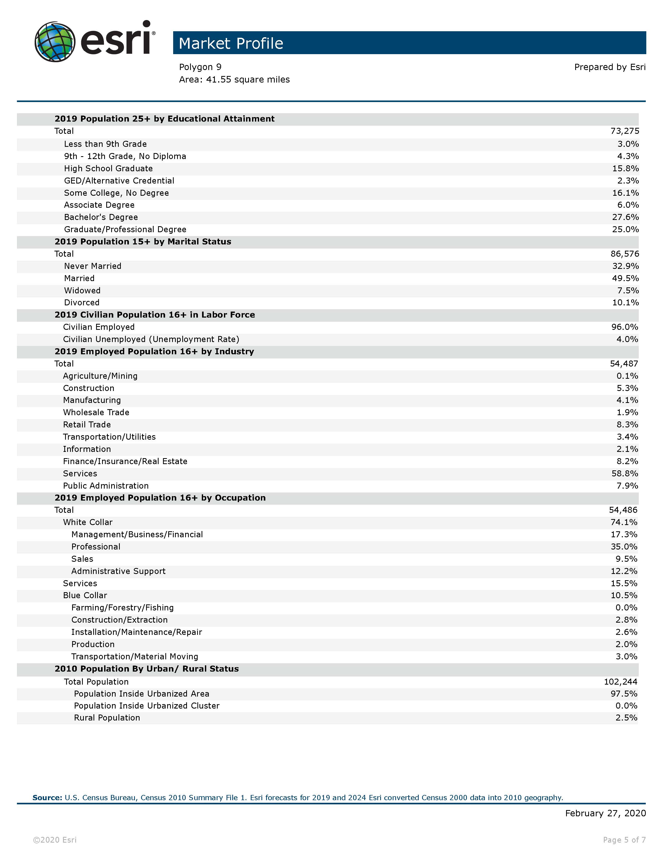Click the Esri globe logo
[x=55, y=42]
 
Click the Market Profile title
[x=231, y=43]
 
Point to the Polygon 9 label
[x=200, y=67]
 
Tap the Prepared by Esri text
[x=610, y=67]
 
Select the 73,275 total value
[x=625, y=131]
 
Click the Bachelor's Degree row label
[x=101, y=217]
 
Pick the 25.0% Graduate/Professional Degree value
[x=625, y=229]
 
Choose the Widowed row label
[x=82, y=290]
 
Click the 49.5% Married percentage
[x=625, y=278]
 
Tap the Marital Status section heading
[x=143, y=242]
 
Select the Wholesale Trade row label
[x=96, y=412]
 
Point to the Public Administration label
[x=106, y=485]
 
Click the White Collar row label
[x=88, y=522]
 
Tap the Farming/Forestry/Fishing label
[x=122, y=607]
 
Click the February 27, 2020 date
[x=605, y=813]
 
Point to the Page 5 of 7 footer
[x=624, y=840]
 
